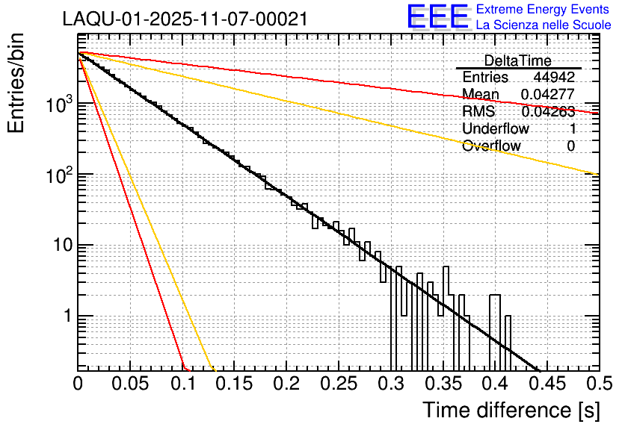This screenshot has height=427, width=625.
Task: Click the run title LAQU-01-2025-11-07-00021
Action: tap(185, 19)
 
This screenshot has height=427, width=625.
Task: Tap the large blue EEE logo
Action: tap(437, 18)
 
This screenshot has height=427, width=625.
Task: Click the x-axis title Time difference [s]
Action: tap(510, 410)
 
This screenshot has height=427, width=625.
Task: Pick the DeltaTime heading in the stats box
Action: tap(517, 60)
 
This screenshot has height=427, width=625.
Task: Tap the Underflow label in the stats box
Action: tap(495, 128)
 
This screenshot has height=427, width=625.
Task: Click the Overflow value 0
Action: tap(570, 146)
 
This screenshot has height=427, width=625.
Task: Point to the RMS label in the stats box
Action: tap(478, 112)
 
